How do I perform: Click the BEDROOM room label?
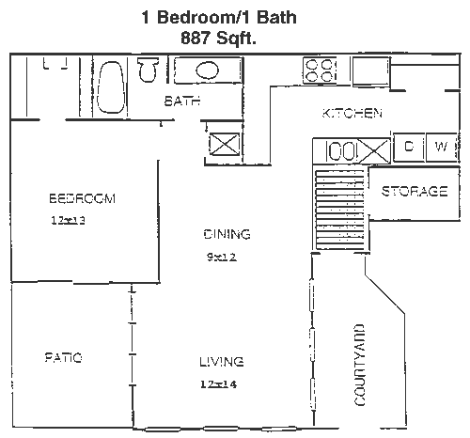(83, 198)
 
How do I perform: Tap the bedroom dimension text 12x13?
(68, 221)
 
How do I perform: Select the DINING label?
(227, 234)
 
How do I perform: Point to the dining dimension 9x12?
(222, 258)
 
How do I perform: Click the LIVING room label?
(222, 362)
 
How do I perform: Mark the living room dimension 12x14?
(218, 384)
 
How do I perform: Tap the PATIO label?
(64, 357)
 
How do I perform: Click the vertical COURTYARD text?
(360, 365)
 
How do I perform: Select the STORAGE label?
(415, 191)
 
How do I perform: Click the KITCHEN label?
(352, 113)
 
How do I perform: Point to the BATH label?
(182, 101)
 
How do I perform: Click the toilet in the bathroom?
(148, 70)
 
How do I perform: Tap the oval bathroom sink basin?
(207, 70)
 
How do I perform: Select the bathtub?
(110, 87)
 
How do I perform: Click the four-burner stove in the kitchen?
(320, 70)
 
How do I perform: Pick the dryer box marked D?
(409, 148)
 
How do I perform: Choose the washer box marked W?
(442, 148)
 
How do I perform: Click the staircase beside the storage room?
(340, 210)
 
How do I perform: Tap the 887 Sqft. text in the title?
(218, 39)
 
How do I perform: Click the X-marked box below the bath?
(225, 144)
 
